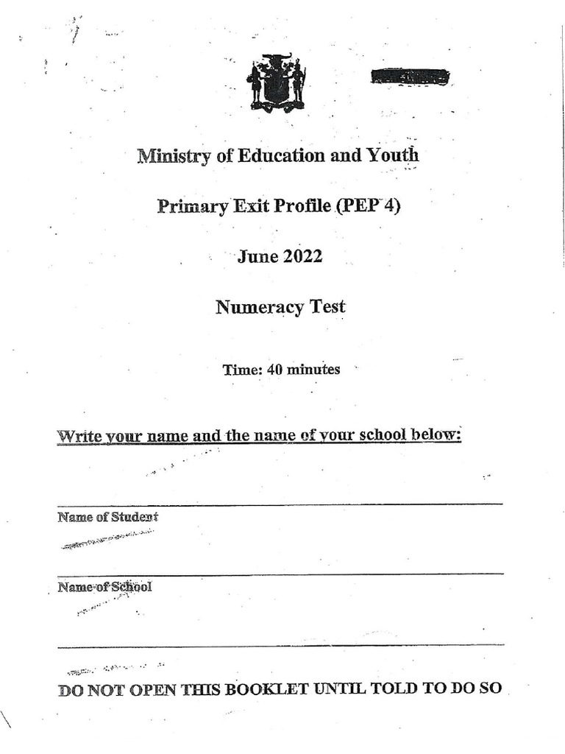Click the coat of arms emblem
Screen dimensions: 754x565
point(276,82)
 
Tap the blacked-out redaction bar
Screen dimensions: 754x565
point(410,76)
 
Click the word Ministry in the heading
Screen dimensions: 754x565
point(174,156)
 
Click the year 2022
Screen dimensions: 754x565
point(302,256)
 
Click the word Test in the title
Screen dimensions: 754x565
point(328,306)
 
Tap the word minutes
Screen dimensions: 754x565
point(313,370)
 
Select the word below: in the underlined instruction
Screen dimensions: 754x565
point(436,434)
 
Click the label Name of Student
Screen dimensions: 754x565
point(107,517)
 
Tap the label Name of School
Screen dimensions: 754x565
point(104,587)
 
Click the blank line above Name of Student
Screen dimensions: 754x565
point(280,504)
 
